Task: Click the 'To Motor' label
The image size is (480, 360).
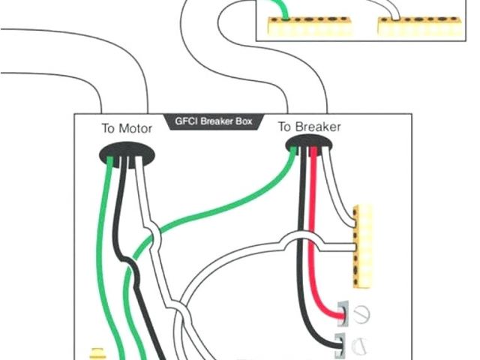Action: [x=127, y=128]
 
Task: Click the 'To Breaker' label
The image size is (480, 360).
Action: [x=309, y=127]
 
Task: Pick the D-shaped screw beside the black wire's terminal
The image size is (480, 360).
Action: [x=360, y=346]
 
